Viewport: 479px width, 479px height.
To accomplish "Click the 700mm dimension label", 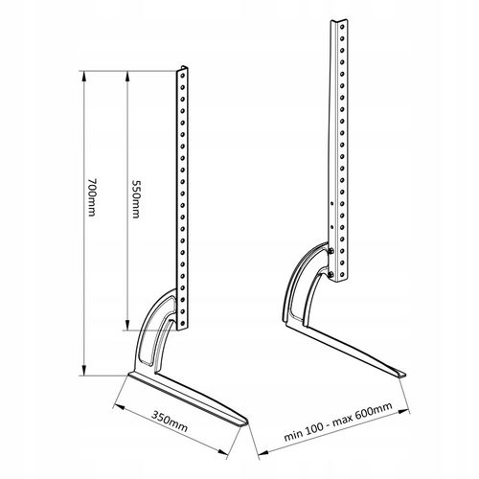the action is (x=92, y=197).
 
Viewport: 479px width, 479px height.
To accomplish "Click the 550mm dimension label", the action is (x=136, y=199).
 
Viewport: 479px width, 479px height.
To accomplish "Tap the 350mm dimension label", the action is (x=170, y=422).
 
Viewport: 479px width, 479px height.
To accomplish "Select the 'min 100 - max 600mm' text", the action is (x=338, y=422).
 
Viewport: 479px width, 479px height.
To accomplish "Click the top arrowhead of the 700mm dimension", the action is (x=84, y=76).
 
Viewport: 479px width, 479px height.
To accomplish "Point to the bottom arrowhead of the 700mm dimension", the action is (x=84, y=371).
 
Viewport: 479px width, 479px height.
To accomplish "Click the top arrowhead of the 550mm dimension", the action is (x=127, y=76).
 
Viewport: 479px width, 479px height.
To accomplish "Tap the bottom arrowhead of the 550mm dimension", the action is (x=127, y=325).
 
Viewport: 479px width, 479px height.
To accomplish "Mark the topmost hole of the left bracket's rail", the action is (x=183, y=76).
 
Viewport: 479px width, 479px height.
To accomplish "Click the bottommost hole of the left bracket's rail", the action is (x=183, y=323).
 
